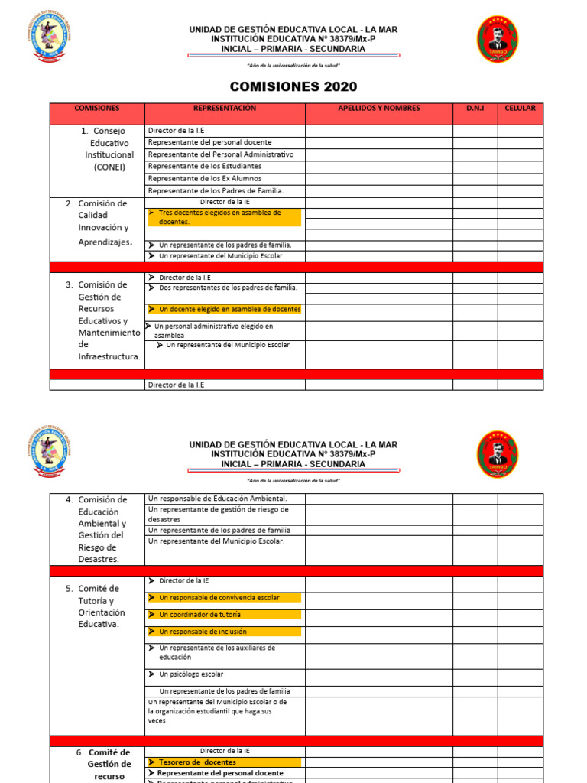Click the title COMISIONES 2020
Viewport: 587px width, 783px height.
click(293, 87)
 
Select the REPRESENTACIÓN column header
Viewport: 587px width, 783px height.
click(225, 109)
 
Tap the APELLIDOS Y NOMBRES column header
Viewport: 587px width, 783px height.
click(379, 109)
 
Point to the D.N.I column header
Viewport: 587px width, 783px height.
click(475, 109)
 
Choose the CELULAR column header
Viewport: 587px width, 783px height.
click(521, 109)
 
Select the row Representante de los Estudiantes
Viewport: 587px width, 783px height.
click(205, 166)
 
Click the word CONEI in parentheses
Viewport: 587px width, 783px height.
click(110, 167)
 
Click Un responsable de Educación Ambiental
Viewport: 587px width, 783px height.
click(217, 499)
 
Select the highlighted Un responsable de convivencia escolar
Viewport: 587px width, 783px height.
click(219, 598)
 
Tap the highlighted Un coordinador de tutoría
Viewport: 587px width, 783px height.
click(200, 615)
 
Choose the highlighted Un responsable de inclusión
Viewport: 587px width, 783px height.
click(203, 632)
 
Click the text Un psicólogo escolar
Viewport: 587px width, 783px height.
click(191, 674)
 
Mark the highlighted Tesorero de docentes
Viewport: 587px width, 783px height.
click(197, 762)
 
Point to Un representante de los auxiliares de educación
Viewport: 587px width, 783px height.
click(217, 652)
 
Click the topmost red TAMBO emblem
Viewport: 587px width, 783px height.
click(498, 39)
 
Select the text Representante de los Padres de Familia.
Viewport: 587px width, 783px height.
click(216, 190)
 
